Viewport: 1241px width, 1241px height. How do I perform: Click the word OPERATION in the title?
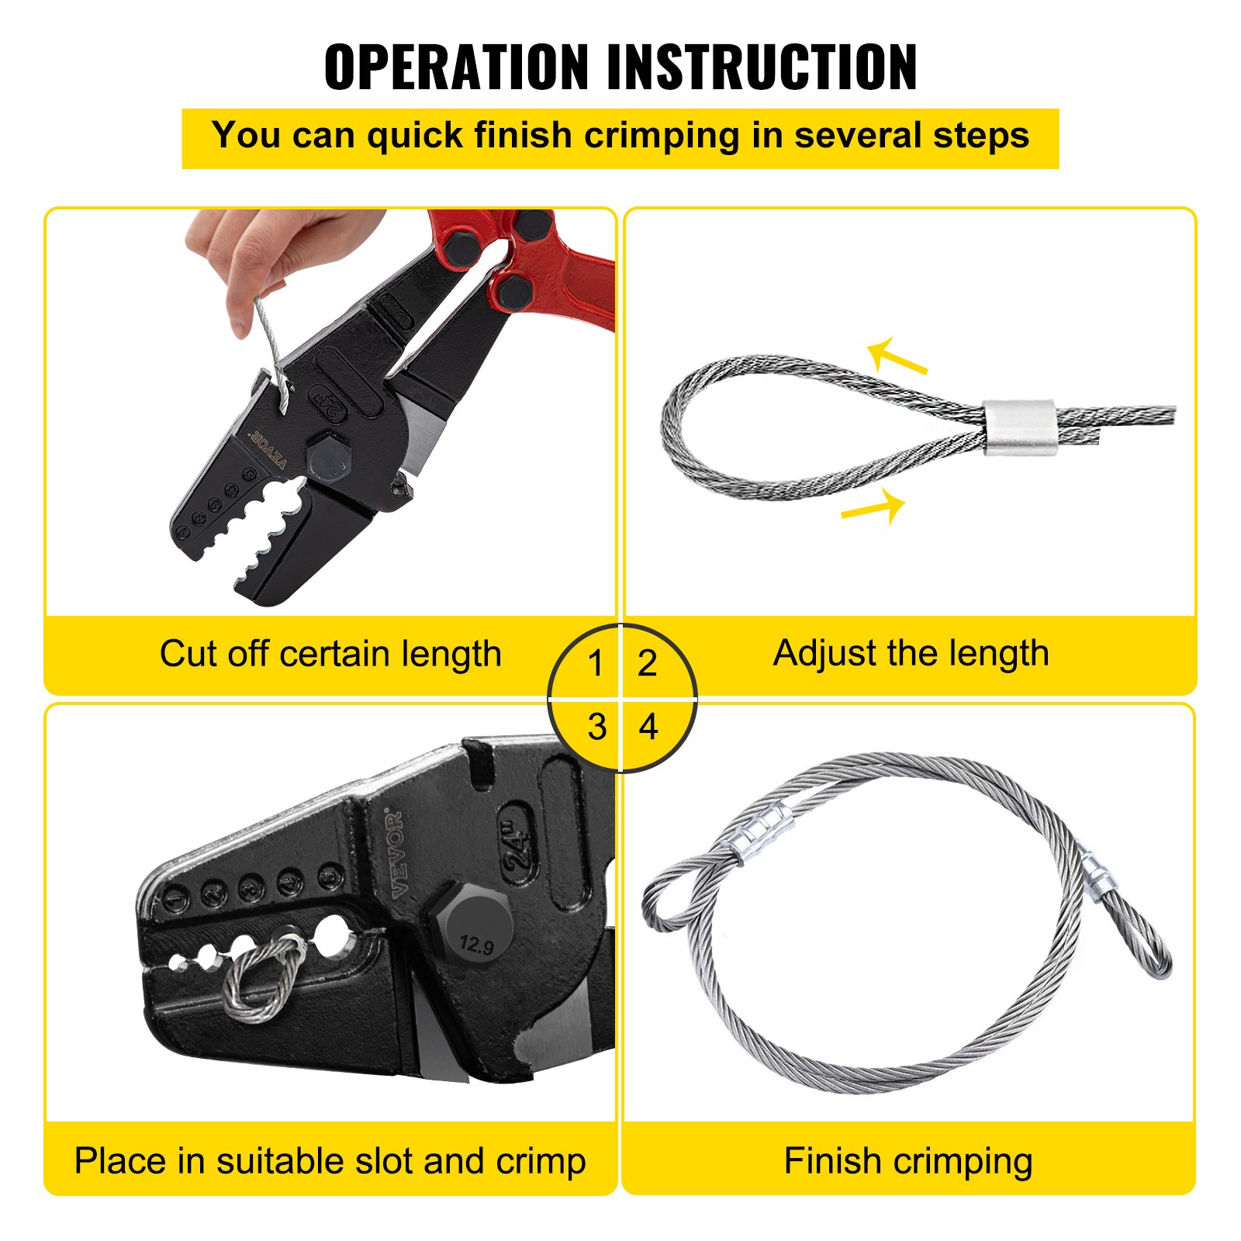point(457,67)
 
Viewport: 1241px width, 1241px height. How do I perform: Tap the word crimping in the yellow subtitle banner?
point(662,137)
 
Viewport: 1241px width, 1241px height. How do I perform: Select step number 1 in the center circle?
point(595,663)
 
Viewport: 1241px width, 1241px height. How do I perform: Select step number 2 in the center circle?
point(648,663)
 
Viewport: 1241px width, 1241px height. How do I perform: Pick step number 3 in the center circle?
point(596,728)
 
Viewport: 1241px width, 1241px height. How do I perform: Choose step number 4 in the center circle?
point(648,728)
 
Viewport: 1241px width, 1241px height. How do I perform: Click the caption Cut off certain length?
point(330,654)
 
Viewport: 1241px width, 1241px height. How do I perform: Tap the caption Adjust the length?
point(911,653)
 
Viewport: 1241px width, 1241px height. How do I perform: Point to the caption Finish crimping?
point(907,1161)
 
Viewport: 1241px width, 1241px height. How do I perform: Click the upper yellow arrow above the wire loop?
point(896,356)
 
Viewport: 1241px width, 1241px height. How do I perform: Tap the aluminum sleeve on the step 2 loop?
point(1021,427)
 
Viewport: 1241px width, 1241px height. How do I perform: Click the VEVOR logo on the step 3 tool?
point(396,853)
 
